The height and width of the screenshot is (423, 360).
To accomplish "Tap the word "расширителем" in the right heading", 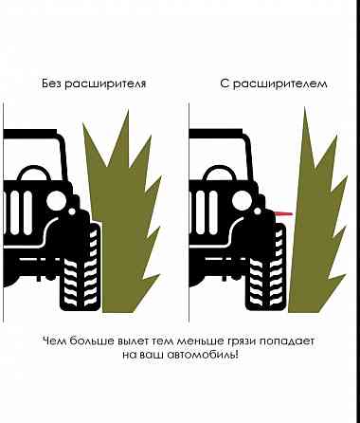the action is click(279, 84).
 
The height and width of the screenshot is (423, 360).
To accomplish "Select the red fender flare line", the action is click(284, 214).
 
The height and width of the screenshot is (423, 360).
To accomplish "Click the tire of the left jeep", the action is click(81, 267).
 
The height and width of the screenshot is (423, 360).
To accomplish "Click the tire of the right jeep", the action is click(266, 267).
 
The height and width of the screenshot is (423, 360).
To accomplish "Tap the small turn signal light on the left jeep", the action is click(72, 211).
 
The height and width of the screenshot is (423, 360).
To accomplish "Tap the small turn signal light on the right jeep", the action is click(258, 211).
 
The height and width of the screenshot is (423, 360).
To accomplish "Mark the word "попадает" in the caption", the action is click(287, 341).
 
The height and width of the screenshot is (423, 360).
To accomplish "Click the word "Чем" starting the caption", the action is click(54, 341).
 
